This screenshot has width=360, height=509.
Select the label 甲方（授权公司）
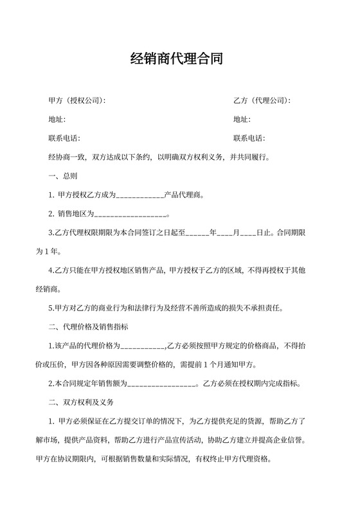76,101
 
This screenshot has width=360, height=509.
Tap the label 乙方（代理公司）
262,101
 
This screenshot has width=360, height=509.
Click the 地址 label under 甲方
57,120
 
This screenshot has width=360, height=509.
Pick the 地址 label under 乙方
242,120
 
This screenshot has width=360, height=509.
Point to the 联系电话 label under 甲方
64,138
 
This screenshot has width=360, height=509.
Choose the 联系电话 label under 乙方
249,138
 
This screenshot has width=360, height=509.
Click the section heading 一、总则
63,175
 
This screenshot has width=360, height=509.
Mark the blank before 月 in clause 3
226,233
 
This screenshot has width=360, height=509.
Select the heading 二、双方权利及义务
82,403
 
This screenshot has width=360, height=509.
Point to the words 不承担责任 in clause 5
280,308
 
